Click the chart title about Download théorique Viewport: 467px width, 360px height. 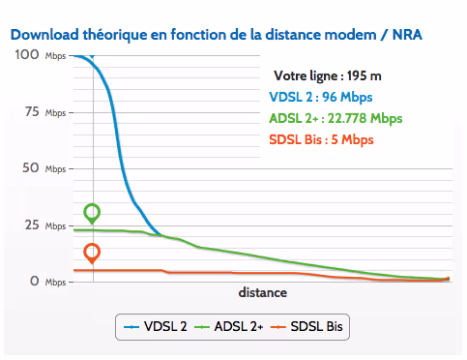coord(217,34)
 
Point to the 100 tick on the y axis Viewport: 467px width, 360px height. coord(27,56)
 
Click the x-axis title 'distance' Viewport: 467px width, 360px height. coord(262,292)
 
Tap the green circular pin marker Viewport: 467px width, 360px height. coord(92,212)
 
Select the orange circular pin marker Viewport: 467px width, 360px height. coord(92,253)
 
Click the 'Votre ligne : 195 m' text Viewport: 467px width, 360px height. coord(327,75)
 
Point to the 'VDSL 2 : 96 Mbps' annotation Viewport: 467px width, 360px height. coord(320,97)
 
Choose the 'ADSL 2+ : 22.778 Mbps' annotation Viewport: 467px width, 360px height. coord(336,118)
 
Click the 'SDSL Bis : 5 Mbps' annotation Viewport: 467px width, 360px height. coord(320,139)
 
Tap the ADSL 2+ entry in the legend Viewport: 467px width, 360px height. coord(229,327)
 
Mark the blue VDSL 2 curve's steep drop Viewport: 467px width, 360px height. coord(121,145)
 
